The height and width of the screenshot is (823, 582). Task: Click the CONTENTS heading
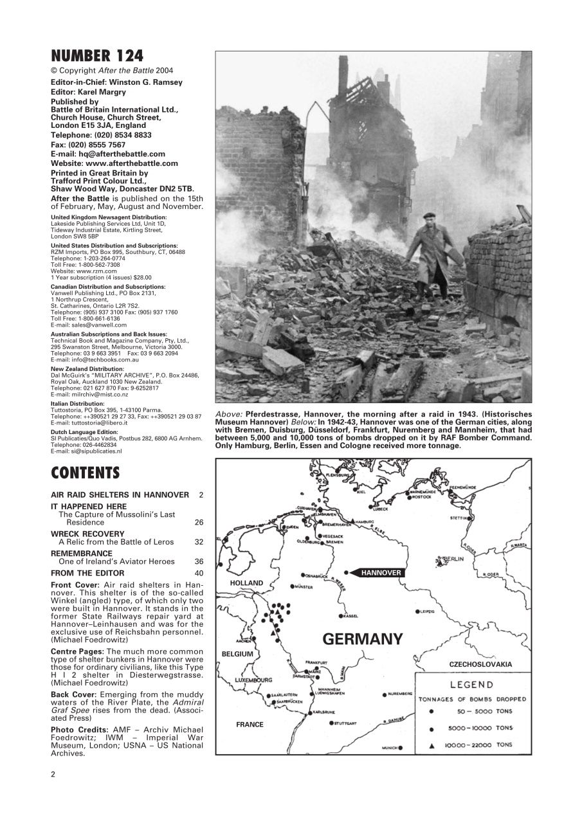pyautogui.click(x=85, y=473)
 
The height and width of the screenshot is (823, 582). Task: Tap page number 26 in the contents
pyautogui.click(x=199, y=523)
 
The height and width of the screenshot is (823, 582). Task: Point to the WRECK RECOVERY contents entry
pyautogui.click(x=87, y=534)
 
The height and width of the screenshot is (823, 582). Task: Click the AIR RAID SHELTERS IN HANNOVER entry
pyautogui.click(x=120, y=494)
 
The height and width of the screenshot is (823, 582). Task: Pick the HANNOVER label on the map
pyautogui.click(x=381, y=572)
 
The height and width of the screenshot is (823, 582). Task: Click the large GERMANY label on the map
pyautogui.click(x=362, y=639)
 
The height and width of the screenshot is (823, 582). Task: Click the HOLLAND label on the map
pyautogui.click(x=246, y=583)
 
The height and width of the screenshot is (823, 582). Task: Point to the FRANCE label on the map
pyautogui.click(x=250, y=725)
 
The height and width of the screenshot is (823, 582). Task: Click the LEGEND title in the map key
pyautogui.click(x=471, y=685)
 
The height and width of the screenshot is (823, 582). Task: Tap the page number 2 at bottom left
pyautogui.click(x=53, y=773)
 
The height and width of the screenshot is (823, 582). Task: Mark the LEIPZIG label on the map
pyautogui.click(x=428, y=611)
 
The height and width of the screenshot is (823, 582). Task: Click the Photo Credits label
pyautogui.click(x=80, y=729)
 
